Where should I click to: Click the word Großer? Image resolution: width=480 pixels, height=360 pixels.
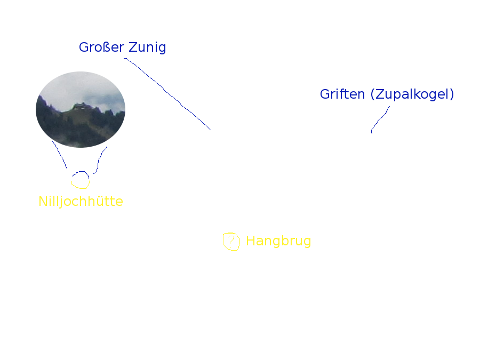pyautogui.click(x=102, y=47)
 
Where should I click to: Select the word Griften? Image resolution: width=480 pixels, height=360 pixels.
pyautogui.click(x=342, y=94)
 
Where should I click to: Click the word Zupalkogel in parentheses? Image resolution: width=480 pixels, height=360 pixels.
pyautogui.click(x=412, y=94)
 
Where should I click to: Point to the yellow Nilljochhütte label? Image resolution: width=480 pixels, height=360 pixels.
pyautogui.click(x=81, y=201)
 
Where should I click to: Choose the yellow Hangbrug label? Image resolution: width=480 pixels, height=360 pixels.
pyautogui.click(x=278, y=241)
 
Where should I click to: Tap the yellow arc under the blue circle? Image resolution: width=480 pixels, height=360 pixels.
pyautogui.click(x=81, y=187)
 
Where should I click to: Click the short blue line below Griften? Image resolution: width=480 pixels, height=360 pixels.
pyautogui.click(x=380, y=119)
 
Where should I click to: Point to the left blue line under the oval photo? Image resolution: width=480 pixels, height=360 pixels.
pyautogui.click(x=60, y=155)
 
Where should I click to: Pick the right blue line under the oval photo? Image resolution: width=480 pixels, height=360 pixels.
pyautogui.click(x=99, y=160)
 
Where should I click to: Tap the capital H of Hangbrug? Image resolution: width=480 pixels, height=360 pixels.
pyautogui.click(x=251, y=241)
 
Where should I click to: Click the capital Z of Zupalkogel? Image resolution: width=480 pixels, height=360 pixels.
pyautogui.click(x=380, y=94)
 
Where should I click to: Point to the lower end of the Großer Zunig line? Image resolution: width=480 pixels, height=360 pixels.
pyautogui.click(x=211, y=130)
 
